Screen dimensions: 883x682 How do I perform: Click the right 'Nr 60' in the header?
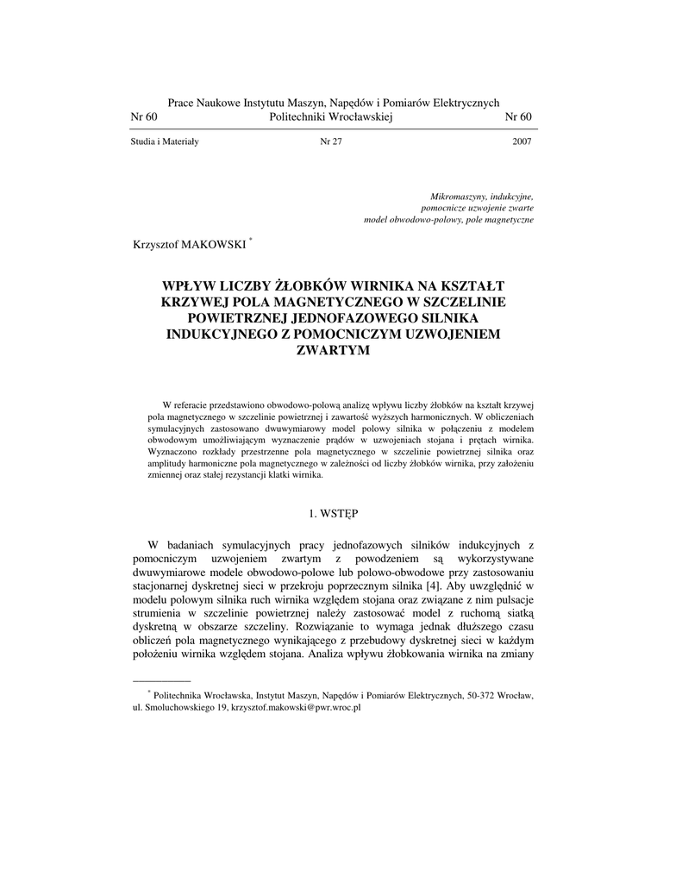point(518,117)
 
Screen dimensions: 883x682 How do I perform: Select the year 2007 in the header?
point(522,142)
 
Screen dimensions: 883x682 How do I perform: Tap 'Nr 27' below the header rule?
point(331,142)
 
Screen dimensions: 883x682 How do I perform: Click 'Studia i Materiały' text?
point(165,142)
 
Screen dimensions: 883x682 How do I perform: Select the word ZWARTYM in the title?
point(332,351)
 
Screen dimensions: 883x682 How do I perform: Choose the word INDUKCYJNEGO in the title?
point(218,335)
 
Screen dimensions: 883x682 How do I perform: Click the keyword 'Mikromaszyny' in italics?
point(458,197)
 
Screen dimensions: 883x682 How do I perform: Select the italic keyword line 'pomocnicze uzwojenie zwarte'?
point(477,209)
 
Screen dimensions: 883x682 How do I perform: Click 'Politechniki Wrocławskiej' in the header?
point(332,117)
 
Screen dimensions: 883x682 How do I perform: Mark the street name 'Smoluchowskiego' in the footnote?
point(178,706)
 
